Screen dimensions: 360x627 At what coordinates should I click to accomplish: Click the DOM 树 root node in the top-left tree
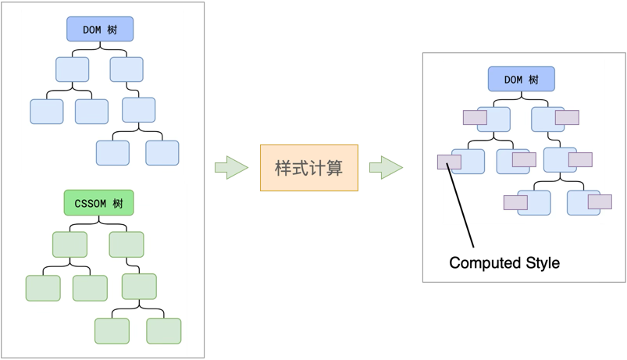(100, 30)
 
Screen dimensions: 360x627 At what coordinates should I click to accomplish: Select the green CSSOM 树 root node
(98, 203)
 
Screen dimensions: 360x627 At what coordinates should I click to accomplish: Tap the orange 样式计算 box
(309, 168)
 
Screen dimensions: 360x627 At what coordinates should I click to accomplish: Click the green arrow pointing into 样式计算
(231, 167)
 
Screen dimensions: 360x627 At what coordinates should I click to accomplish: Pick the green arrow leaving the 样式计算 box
(386, 167)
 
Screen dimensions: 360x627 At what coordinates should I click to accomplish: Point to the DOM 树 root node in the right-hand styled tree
(522, 79)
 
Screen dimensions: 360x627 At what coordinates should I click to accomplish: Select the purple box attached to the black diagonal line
(449, 162)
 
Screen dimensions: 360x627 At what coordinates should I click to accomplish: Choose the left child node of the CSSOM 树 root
(69, 244)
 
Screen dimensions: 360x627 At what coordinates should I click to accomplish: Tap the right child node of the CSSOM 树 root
(126, 244)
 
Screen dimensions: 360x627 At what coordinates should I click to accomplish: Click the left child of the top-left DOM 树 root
(73, 70)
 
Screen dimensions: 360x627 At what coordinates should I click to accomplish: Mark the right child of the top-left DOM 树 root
(126, 70)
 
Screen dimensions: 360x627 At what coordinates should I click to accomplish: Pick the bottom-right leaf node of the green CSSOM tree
(163, 330)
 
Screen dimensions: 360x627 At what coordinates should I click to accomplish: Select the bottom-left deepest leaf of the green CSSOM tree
(112, 330)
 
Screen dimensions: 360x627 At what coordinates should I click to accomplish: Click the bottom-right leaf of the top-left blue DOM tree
(162, 152)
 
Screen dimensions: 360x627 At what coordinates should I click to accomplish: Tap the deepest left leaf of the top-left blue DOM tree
(112, 152)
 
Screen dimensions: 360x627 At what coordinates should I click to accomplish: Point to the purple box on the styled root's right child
(567, 117)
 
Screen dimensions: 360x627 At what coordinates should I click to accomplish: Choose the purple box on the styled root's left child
(475, 117)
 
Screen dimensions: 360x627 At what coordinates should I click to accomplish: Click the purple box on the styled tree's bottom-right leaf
(600, 201)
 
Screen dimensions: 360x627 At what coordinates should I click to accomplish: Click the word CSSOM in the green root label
(90, 203)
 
